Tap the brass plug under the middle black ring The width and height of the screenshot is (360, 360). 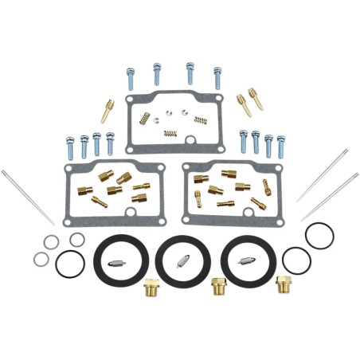click(214, 285)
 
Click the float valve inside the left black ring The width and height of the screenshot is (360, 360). click(119, 259)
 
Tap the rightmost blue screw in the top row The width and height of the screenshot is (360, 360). click(217, 76)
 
